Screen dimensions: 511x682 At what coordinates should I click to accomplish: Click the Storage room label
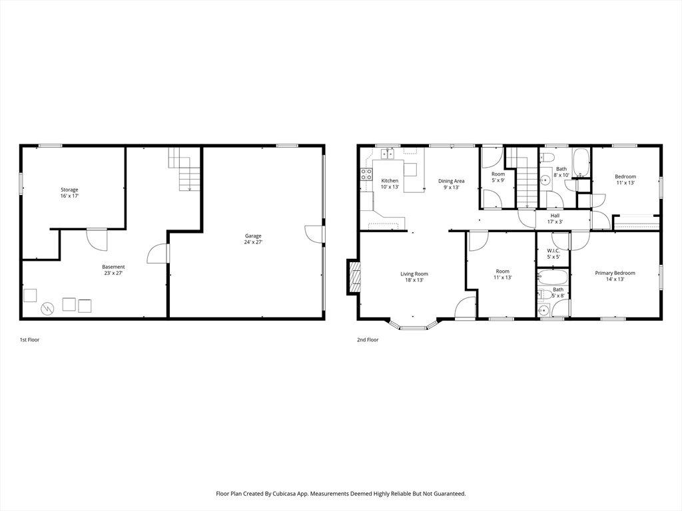tap(70, 193)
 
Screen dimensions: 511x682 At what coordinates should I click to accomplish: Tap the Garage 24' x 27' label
tap(253, 239)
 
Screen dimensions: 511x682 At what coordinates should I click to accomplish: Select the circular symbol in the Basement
tap(47, 308)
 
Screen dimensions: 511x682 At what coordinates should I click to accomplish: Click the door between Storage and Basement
tap(97, 239)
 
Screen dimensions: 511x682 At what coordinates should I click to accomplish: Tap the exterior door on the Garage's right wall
tap(314, 234)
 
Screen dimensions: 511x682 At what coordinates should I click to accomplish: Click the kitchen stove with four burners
tap(366, 174)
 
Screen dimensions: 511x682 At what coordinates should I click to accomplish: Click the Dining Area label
tap(451, 184)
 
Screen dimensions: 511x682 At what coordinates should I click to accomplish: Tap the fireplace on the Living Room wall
tap(354, 277)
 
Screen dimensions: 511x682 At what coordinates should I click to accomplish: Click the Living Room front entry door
tap(464, 308)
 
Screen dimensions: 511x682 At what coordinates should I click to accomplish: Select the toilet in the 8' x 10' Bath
tap(547, 158)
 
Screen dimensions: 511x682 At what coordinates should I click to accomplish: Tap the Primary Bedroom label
tap(615, 276)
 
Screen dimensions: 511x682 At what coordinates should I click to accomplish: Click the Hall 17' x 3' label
tap(555, 219)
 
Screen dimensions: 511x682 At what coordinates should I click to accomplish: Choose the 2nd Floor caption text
tap(368, 340)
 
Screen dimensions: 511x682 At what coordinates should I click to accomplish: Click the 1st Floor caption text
tap(29, 340)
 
